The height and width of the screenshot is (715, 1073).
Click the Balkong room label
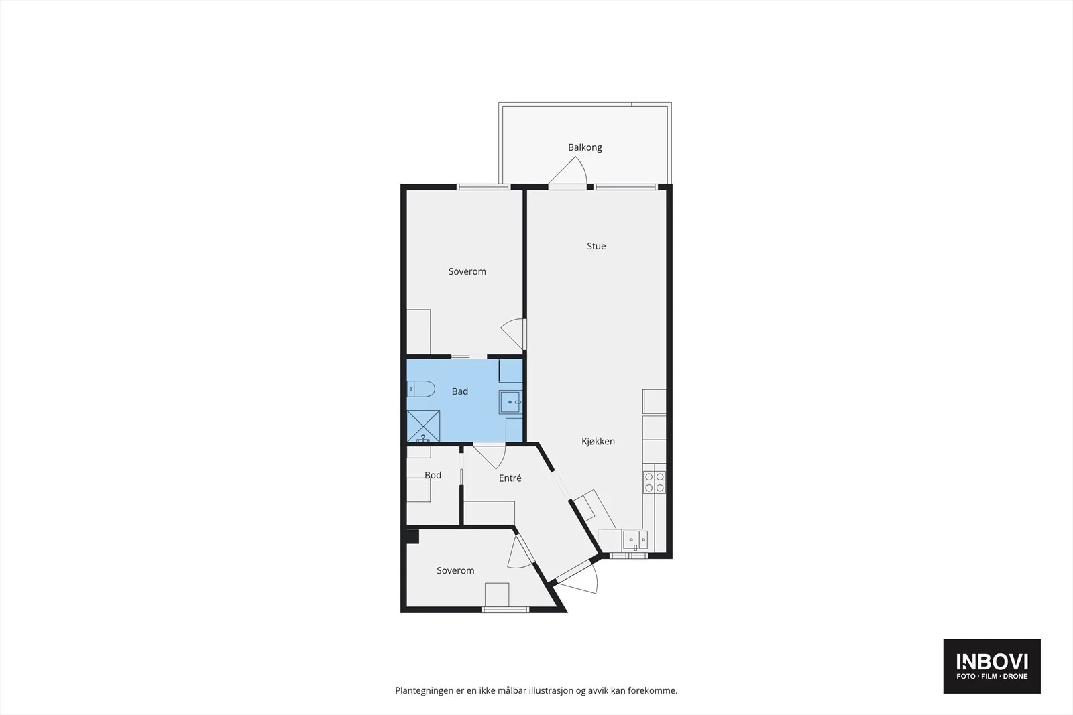tap(585, 147)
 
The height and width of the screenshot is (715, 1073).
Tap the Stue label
tap(596, 246)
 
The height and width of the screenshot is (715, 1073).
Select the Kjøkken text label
tap(598, 441)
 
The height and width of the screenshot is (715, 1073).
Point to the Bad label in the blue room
tap(460, 391)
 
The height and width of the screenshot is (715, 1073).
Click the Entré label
tap(510, 478)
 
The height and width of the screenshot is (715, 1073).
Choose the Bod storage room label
tap(433, 475)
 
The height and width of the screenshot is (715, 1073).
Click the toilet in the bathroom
tap(421, 389)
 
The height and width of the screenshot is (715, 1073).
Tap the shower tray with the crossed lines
tap(423, 426)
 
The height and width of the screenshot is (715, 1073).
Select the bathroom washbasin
tap(510, 402)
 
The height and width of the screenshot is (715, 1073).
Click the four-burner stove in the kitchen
tap(655, 482)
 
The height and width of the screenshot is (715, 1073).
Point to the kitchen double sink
tap(635, 540)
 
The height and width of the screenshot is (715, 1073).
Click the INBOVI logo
tap(992, 666)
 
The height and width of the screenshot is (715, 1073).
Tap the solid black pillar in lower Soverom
tap(412, 536)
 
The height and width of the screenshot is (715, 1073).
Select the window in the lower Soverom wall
tap(506, 610)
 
